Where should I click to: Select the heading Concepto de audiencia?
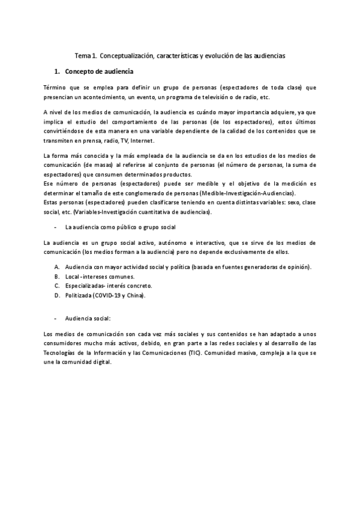point(99,72)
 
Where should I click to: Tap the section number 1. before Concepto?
point(58,72)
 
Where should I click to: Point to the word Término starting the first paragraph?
point(56,88)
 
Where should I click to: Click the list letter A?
point(56,267)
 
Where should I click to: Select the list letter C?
point(56,286)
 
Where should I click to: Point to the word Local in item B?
point(73,276)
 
